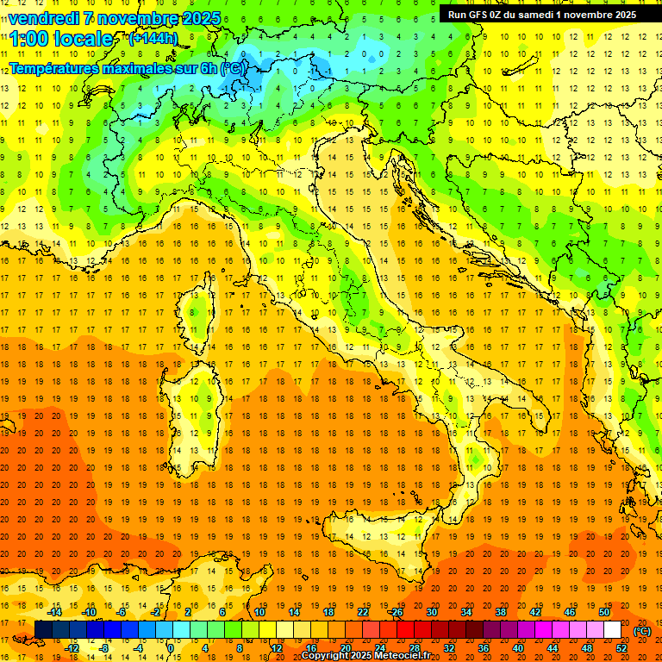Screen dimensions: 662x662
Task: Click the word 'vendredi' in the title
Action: tap(46, 18)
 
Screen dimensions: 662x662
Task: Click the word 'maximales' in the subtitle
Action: tap(148, 67)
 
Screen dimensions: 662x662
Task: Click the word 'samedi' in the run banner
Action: tap(546, 15)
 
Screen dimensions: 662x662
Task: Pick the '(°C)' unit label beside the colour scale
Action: tap(642, 631)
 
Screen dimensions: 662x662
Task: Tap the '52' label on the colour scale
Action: tap(621, 648)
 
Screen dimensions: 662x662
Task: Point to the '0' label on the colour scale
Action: tap(171, 648)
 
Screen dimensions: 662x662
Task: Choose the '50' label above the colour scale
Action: tap(603, 612)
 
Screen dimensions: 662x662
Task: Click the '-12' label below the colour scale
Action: tap(72, 648)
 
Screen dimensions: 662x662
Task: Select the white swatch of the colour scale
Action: tap(612, 630)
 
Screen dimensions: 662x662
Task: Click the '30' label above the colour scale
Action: tap(431, 612)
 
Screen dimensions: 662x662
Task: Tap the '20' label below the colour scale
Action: tap(345, 648)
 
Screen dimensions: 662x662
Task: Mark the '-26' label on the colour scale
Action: tap(396, 612)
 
